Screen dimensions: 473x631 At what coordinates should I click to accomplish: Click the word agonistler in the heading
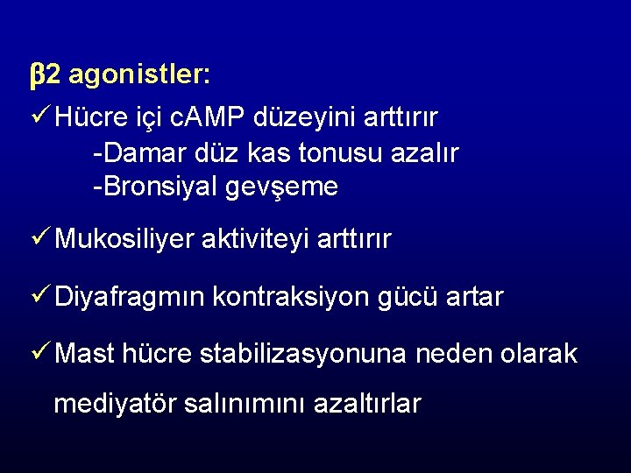click(138, 76)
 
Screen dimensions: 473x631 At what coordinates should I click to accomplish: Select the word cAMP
click(214, 116)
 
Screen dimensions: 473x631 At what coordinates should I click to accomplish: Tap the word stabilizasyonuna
click(303, 354)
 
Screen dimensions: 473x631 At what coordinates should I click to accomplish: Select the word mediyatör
click(115, 404)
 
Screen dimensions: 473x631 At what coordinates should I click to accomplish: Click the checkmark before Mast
click(39, 353)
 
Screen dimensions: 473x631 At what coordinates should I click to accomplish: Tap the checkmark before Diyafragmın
click(39, 297)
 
